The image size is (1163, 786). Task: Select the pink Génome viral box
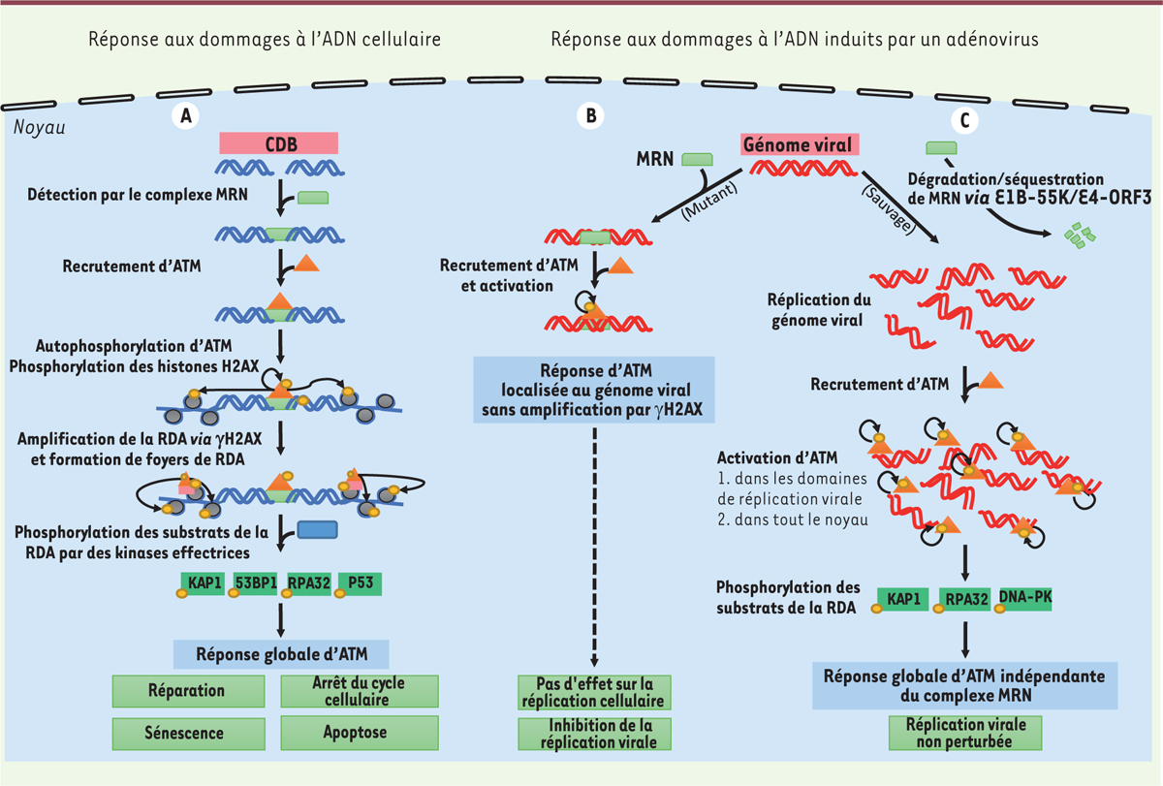(x=796, y=144)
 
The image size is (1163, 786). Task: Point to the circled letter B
(x=591, y=116)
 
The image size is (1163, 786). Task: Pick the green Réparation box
(x=187, y=691)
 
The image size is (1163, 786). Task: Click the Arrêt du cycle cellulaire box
(x=360, y=691)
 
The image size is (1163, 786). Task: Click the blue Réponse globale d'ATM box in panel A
(x=280, y=653)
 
